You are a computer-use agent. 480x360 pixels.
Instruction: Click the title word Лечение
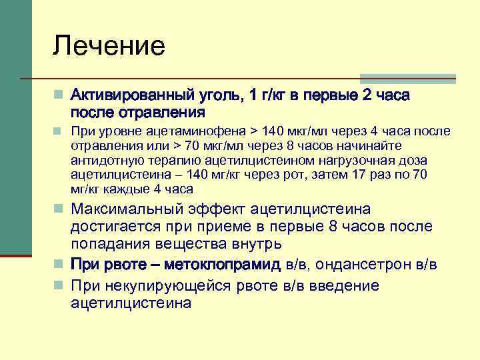coord(109,46)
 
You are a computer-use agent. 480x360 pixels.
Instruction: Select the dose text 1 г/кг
coord(265,95)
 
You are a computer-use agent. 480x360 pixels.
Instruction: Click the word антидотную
coord(101,160)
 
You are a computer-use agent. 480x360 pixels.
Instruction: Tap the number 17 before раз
coord(361,174)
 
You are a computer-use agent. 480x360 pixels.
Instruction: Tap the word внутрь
coord(244,244)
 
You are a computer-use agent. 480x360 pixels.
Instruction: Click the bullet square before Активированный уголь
coord(59,95)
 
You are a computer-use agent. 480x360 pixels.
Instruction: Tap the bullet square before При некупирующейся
coord(59,287)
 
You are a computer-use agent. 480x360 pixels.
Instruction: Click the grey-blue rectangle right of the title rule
coord(407,78)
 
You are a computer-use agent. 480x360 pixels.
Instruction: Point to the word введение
coord(343,286)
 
